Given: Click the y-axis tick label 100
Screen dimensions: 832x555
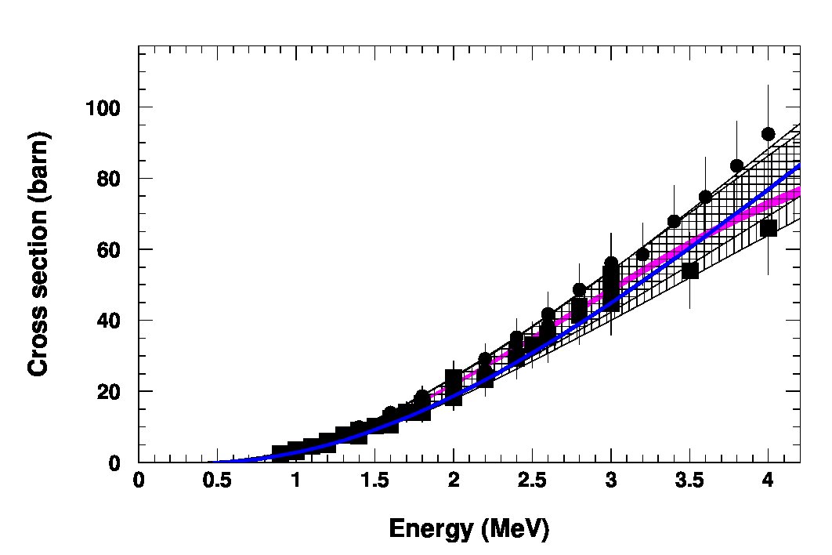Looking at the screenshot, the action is point(103,108).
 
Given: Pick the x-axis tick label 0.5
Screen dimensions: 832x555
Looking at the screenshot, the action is point(217,481).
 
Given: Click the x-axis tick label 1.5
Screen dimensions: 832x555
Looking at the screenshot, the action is point(374,481).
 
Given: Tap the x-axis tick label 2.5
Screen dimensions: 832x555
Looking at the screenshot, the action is point(532,481).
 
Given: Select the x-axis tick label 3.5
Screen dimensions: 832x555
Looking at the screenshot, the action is point(689,481).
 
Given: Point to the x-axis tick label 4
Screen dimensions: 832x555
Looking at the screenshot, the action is point(768,481).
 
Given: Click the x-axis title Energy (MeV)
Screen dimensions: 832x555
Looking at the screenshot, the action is point(469,529).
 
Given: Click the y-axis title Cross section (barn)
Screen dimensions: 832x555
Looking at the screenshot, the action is point(38,255).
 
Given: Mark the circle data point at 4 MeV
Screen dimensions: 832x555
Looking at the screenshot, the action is point(768,134).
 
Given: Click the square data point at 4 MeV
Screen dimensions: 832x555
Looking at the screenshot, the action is point(769,228).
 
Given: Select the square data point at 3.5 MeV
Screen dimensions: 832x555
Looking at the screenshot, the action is point(689,270).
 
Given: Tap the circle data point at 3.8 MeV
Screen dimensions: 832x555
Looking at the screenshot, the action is point(736,165).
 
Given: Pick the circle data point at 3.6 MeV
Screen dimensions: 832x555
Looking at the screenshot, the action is point(705,197).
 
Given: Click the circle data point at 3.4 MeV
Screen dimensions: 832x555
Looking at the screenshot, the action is point(674,222).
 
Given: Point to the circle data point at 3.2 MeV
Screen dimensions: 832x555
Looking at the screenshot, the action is point(642,255).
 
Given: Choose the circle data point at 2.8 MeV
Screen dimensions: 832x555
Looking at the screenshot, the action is point(580,290).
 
